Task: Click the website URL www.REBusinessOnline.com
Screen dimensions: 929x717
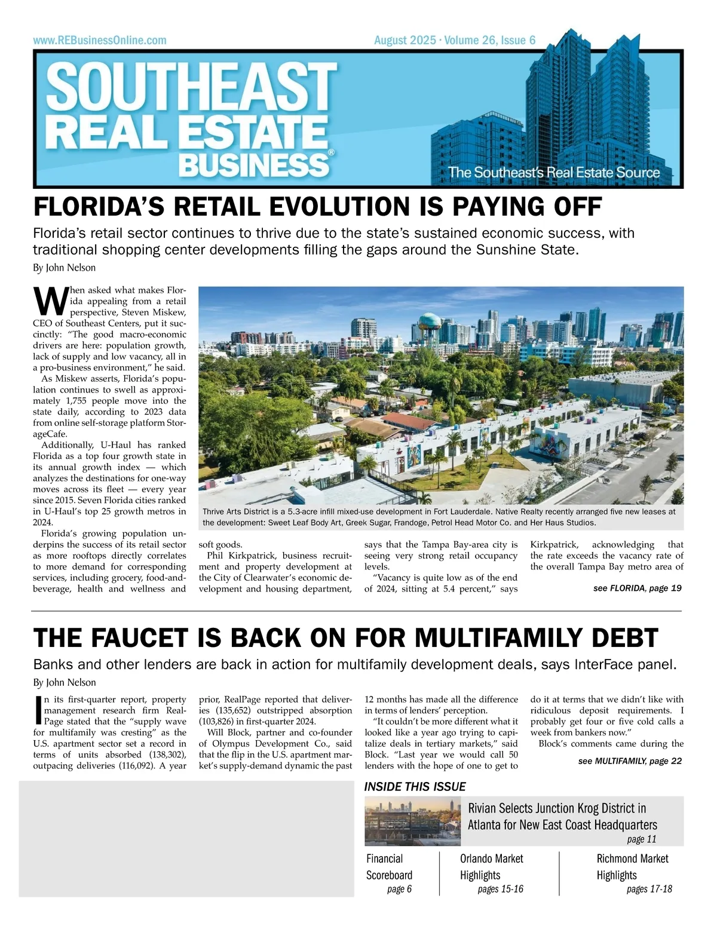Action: (100, 41)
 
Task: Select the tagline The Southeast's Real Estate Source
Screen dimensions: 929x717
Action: (554, 173)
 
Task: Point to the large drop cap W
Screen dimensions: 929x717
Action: (50, 301)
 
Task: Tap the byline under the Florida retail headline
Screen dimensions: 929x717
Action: (65, 268)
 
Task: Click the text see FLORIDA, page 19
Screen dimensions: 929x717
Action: (637, 588)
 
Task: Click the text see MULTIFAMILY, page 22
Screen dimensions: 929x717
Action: (630, 761)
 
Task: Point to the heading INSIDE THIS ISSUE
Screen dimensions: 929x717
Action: (415, 787)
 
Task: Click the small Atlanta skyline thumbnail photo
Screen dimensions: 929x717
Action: (412, 821)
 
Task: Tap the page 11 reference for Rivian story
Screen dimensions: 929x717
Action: (642, 839)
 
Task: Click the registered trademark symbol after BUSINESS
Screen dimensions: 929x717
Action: (331, 153)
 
